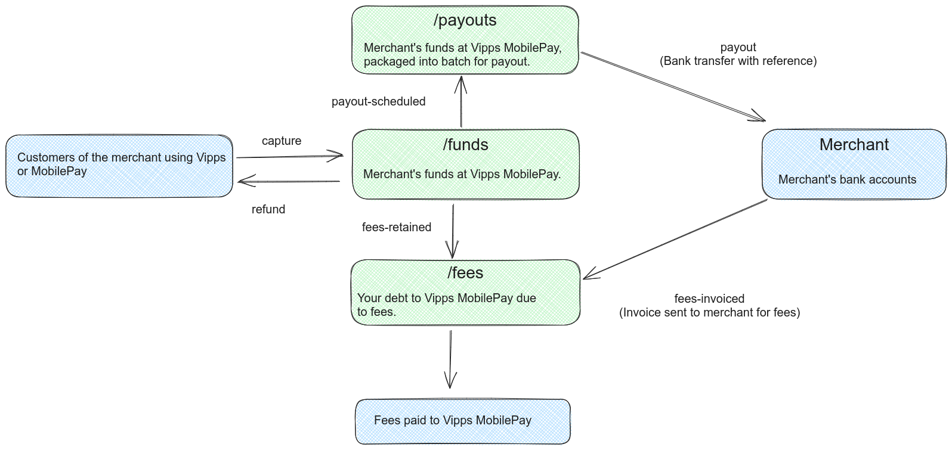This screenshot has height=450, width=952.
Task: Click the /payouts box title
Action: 465,20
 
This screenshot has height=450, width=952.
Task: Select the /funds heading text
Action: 465,145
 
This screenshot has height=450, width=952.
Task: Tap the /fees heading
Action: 465,273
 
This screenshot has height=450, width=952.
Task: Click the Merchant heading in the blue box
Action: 854,145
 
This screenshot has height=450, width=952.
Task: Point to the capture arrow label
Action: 282,141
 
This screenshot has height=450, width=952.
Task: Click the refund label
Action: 268,210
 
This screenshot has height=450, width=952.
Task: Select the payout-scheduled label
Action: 378,102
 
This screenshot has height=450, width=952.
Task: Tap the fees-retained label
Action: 396,228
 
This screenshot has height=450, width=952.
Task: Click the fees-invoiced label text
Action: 709,299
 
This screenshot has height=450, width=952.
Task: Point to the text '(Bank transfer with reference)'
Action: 738,61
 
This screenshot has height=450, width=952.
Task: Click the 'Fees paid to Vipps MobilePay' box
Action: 463,421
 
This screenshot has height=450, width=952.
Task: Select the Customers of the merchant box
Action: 119,165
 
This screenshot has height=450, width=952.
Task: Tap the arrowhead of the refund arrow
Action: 242,181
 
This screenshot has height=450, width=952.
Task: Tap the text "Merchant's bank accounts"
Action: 846,180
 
